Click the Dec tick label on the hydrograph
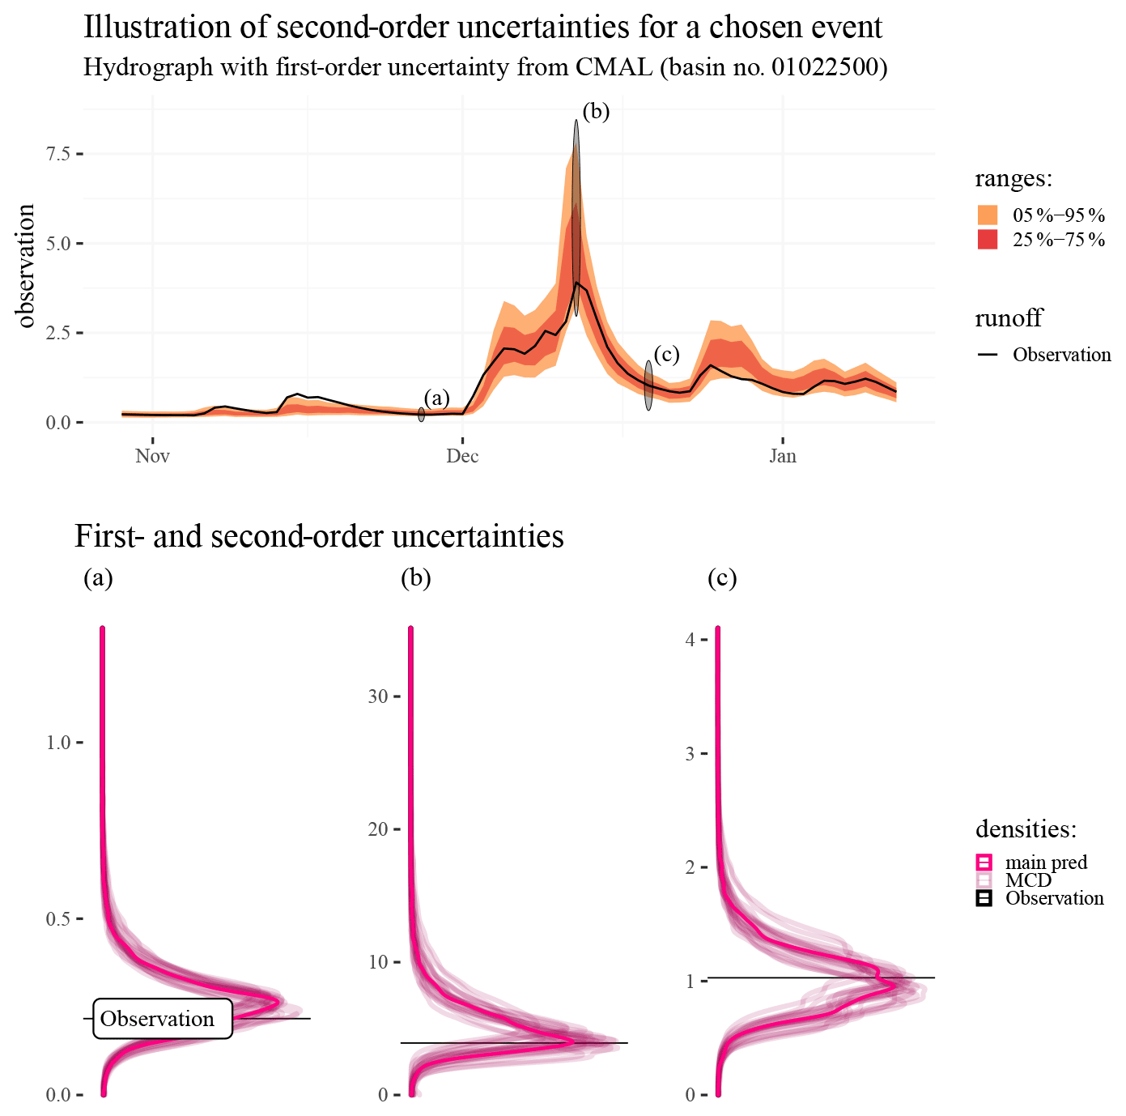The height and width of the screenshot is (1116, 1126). (x=462, y=456)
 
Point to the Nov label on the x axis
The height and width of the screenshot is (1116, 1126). (x=152, y=456)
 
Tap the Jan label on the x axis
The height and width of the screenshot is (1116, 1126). (x=782, y=456)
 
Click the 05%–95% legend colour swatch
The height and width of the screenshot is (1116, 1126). (x=987, y=215)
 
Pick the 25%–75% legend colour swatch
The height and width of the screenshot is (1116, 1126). (x=987, y=240)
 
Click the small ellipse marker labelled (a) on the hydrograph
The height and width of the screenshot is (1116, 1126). (x=421, y=415)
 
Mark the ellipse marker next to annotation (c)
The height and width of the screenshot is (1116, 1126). (x=648, y=385)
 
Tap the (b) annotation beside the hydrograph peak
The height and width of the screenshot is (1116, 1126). (x=596, y=111)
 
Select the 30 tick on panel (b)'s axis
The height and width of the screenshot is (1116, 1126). (x=378, y=696)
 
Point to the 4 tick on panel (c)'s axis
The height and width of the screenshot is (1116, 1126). (x=690, y=640)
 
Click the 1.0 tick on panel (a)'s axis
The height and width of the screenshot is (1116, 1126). (x=59, y=743)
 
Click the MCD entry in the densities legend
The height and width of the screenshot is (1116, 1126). (x=1028, y=880)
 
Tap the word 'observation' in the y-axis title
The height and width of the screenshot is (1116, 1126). (x=27, y=266)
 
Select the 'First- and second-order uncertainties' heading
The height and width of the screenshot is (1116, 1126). (x=319, y=536)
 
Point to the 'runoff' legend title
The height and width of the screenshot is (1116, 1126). (x=1008, y=317)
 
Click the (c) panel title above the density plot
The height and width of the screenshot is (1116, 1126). (x=722, y=577)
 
